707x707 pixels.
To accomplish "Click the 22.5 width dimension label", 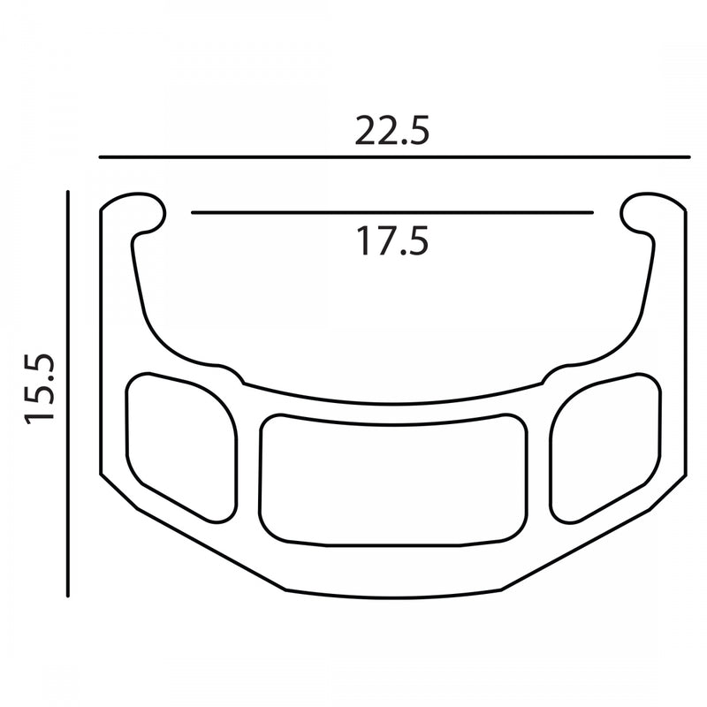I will [392, 130].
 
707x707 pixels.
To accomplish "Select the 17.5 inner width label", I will [392, 240].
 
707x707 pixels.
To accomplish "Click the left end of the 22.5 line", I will [100, 156].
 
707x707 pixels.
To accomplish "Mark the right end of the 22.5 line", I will [688, 156].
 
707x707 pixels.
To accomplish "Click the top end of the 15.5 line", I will [68, 189].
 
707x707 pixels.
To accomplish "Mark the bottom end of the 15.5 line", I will [68, 597].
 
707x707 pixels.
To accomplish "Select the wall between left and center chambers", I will [249, 460].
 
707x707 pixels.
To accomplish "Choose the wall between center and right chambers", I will [538, 460].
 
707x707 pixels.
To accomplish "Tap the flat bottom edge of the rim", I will [393, 594].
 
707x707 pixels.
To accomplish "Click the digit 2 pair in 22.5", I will [375, 130].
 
